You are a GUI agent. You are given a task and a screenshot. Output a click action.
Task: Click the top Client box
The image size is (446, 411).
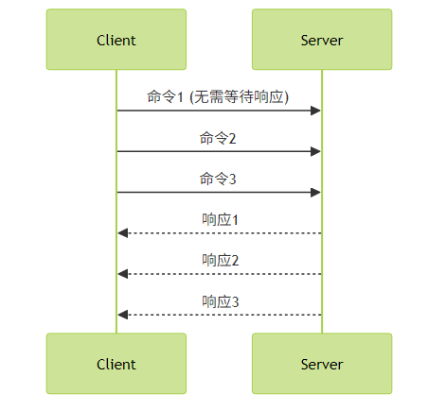click(116, 40)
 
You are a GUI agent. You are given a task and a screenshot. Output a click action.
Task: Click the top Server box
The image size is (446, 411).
click(322, 40)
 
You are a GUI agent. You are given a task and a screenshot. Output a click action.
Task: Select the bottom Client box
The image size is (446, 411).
click(116, 364)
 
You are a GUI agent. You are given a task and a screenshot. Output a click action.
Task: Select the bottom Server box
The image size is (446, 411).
click(322, 364)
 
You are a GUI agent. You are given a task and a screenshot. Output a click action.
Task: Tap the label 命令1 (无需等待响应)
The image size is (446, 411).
click(218, 96)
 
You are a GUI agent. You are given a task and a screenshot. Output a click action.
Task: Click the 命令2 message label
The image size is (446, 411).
click(218, 138)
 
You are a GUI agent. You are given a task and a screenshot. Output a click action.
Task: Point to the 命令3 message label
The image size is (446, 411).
click(218, 179)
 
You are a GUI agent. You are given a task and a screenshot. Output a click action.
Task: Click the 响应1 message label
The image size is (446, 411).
click(221, 219)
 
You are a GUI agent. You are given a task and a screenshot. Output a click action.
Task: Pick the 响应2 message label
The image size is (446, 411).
click(221, 261)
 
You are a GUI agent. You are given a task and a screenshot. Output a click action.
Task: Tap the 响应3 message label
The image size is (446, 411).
click(221, 301)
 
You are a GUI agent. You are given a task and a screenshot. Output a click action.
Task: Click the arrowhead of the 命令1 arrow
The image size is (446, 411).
click(315, 111)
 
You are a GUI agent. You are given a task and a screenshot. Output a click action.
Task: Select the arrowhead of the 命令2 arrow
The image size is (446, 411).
click(315, 151)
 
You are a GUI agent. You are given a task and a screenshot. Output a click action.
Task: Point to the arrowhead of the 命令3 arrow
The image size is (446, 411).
click(315, 193)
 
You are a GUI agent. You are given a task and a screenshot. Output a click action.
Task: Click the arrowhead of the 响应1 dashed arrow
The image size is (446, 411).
click(123, 233)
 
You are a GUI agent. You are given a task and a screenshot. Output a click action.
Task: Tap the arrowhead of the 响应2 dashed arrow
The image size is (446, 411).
click(123, 274)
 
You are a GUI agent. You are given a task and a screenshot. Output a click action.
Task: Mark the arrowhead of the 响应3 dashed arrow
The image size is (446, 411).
click(123, 315)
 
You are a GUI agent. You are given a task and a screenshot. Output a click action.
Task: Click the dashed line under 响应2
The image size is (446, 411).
click(220, 274)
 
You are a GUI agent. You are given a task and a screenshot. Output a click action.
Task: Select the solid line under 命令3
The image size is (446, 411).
click(219, 193)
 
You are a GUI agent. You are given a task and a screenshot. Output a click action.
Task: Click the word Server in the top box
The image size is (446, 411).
click(322, 41)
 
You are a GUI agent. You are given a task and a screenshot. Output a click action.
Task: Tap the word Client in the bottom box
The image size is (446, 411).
click(116, 365)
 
